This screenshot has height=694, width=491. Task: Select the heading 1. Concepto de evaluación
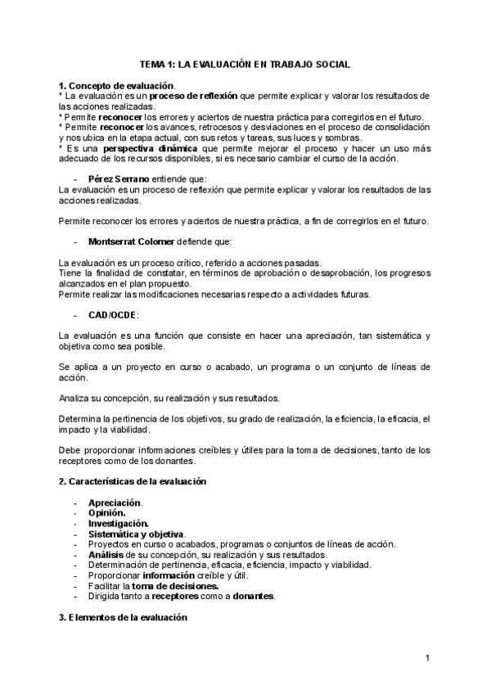116,85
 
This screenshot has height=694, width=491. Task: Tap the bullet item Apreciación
115,502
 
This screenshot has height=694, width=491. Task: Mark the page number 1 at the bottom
427,657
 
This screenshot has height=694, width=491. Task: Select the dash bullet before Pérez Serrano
76,178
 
